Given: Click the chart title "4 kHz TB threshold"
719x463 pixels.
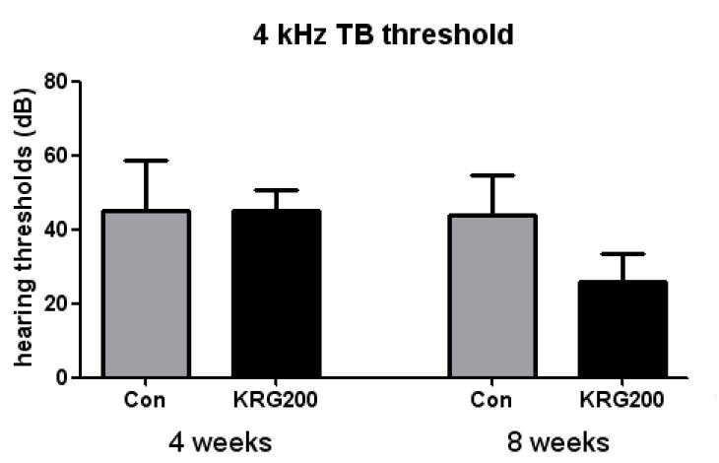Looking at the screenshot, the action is (383, 34).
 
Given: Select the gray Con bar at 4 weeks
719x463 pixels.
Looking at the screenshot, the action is (146, 294).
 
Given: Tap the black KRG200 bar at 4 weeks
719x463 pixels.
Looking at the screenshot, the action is (276, 294).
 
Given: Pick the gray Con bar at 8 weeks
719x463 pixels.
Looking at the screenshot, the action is (492, 296).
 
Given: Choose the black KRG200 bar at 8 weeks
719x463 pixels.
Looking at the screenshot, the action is (622, 329).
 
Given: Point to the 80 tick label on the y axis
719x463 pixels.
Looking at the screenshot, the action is (56, 82).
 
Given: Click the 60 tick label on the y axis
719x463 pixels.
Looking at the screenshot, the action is (56, 156).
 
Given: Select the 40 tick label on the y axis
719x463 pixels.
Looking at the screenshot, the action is (56, 230).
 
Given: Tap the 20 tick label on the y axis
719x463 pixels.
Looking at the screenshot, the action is (56, 304).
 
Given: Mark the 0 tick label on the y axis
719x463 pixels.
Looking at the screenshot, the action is (62, 377).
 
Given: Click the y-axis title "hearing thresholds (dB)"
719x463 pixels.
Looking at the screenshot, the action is (23, 228).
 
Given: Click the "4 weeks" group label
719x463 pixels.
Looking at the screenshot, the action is (220, 443).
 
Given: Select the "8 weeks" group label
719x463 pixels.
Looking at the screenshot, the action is (558, 443).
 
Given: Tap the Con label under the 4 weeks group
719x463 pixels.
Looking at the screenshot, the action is (145, 400).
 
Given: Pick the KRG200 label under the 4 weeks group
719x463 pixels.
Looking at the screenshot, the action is (275, 400).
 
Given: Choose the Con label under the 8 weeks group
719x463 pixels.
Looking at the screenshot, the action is (491, 400).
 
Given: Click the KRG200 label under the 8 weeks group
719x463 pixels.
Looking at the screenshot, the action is (621, 400).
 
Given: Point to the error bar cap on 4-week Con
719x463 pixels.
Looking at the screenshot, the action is (146, 161).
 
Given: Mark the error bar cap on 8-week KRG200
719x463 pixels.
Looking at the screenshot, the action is (622, 254).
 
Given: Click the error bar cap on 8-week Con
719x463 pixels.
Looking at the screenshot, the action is (492, 175).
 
